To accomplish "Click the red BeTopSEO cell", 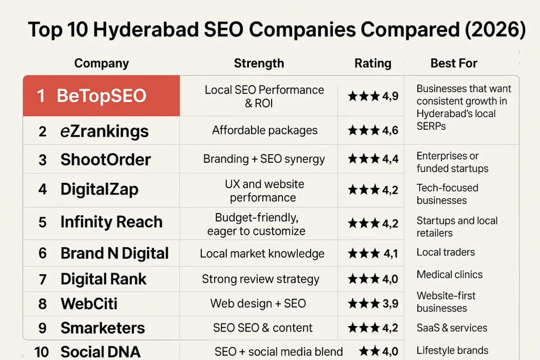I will pos(101,96).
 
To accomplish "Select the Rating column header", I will pos(373,64).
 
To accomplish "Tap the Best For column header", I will pos(454,63).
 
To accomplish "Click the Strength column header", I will pos(259,64).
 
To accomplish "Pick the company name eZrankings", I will pos(104,131).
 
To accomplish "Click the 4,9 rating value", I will pos(390,96).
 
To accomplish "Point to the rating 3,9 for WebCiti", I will pos(390,304).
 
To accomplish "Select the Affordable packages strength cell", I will pos(265,130).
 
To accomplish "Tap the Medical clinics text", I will pos(449,275).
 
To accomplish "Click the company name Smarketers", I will pos(102,328).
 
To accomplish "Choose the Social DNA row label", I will pos(100,352).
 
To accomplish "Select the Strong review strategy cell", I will pos(261,279).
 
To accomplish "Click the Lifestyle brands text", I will pos(452,351).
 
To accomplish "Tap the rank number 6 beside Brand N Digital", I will pos(43,253).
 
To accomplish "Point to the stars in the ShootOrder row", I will pos(363,159).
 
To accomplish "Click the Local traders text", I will pos(446,252).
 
